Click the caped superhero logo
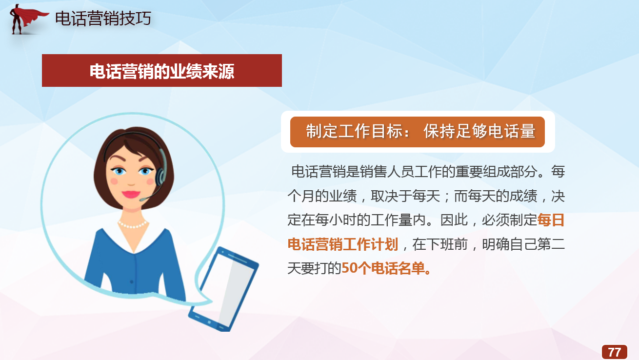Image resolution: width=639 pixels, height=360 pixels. point(27,19)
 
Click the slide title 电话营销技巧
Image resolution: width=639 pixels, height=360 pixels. point(103,19)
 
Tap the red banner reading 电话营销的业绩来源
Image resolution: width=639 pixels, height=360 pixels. point(162,70)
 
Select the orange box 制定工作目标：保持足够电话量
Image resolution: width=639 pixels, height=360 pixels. point(418,132)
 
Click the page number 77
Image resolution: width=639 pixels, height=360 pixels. point(614,352)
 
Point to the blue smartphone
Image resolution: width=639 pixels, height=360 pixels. point(223,289)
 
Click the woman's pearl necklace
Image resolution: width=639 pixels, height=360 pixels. point(133,224)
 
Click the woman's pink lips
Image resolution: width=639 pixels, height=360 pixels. point(131,194)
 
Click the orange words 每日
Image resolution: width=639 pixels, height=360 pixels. point(551,220)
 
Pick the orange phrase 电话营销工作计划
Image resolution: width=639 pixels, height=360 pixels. point(343,244)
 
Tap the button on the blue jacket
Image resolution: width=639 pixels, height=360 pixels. point(132,282)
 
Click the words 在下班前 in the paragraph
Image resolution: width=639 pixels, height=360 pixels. point(440,244)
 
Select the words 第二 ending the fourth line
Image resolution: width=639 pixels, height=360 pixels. point(551,244)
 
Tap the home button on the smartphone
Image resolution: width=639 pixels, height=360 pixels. point(209,322)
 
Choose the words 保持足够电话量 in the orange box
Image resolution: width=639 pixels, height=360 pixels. point(479,131)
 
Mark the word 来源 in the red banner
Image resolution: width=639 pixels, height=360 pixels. point(218,71)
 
